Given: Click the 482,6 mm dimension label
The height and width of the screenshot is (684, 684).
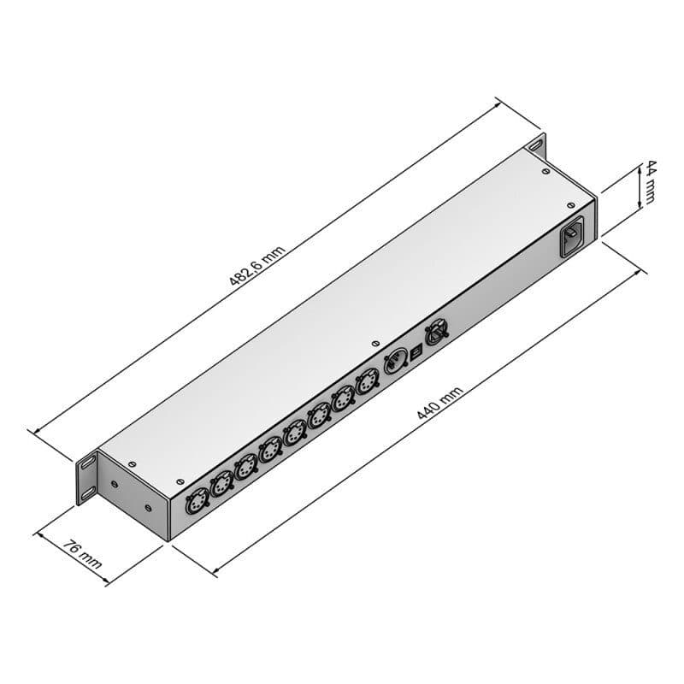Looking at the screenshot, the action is pos(257,265).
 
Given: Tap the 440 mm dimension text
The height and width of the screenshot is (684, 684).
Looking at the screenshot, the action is pos(439,403).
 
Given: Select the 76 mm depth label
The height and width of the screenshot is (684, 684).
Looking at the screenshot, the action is pos(82,554).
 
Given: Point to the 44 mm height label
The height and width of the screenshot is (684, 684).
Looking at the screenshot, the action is pos(650,182).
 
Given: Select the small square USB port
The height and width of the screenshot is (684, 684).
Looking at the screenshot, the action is pos(416,353).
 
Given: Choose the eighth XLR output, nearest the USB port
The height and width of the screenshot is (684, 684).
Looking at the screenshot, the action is pos(368,380).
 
